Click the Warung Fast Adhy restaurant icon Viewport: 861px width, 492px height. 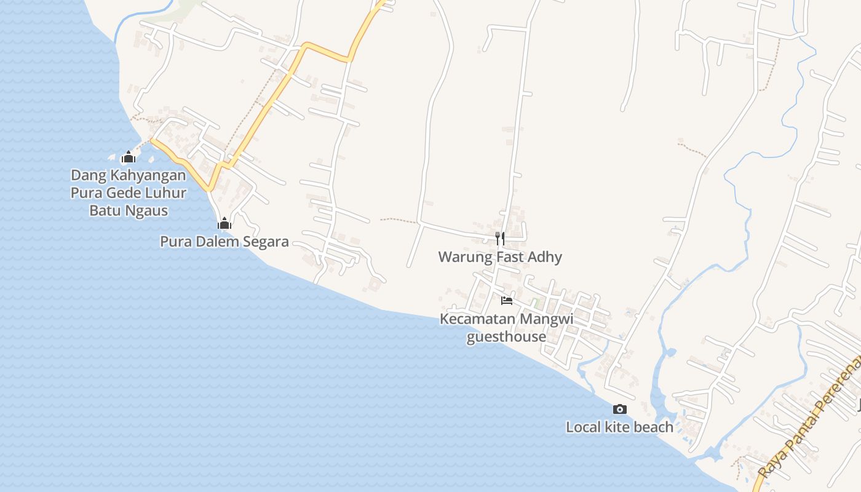[500, 238]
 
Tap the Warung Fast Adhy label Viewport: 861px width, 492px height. [500, 256]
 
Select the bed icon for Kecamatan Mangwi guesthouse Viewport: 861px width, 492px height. [507, 300]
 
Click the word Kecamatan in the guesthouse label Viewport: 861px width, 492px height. [477, 319]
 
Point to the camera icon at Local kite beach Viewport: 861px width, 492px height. [620, 409]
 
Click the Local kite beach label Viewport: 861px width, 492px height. [619, 427]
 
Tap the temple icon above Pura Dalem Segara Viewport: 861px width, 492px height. [224, 223]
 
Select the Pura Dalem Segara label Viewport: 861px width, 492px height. [224, 241]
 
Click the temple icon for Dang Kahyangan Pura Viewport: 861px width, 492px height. [128, 157]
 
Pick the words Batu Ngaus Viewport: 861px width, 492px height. [129, 210]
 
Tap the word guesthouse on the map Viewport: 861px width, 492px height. [506, 336]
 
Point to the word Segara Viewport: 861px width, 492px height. [266, 241]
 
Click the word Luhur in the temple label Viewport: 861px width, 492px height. [165, 193]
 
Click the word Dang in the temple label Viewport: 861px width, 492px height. [89, 176]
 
